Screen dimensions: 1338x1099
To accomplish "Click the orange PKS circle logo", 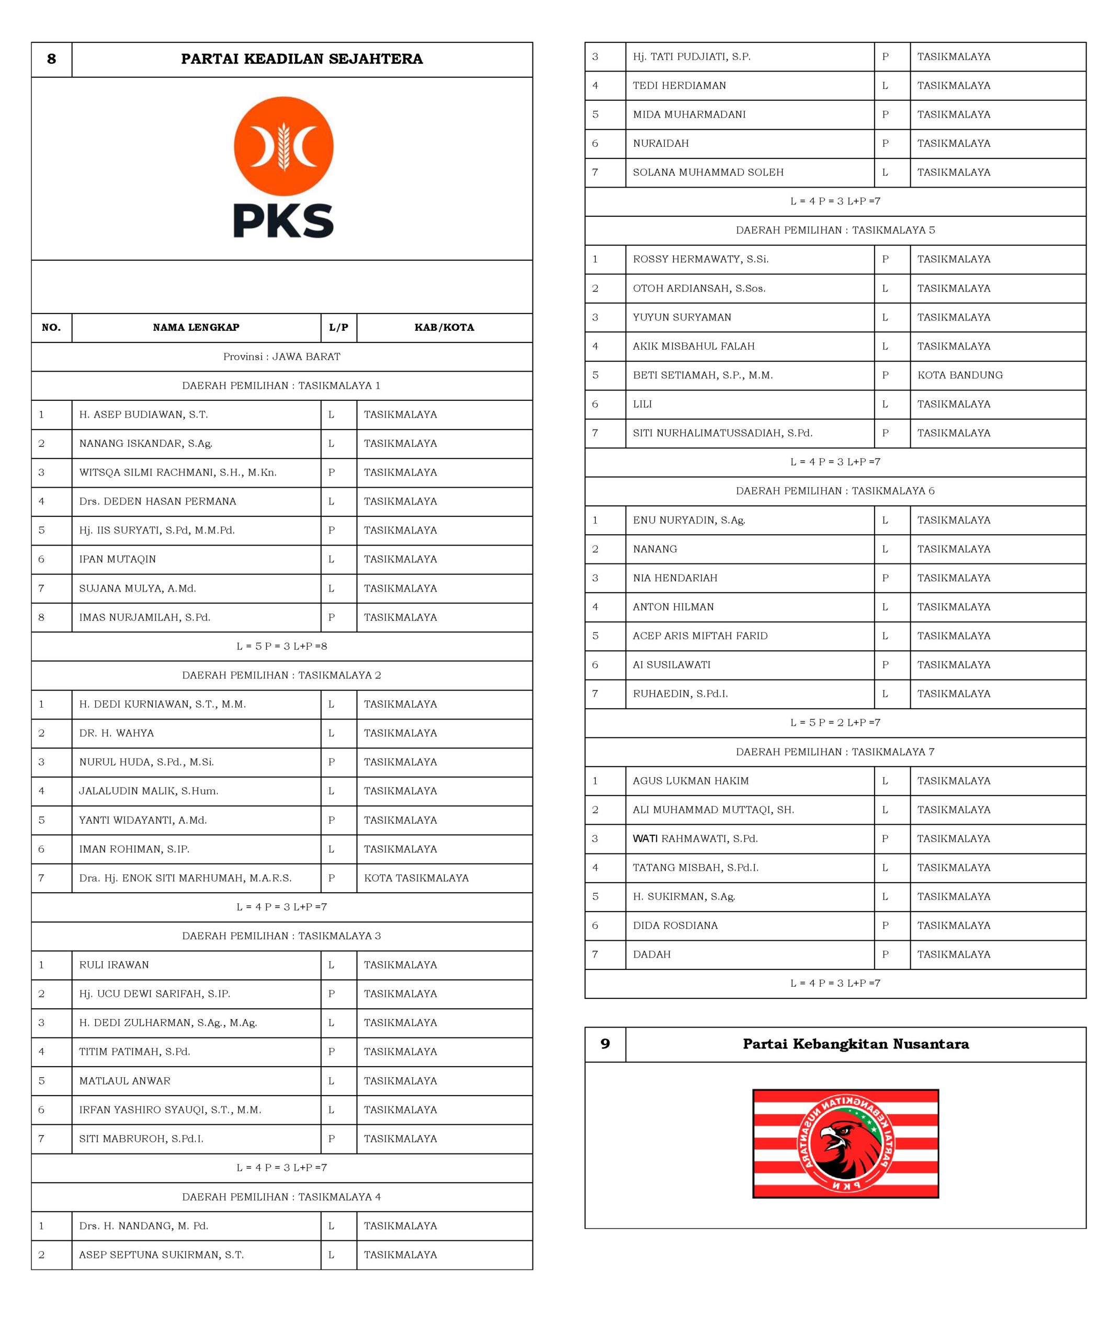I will coord(283,146).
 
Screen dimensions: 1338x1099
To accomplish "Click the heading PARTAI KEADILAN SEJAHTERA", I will coord(301,59).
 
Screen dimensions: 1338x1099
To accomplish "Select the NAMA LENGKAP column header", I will coord(196,327).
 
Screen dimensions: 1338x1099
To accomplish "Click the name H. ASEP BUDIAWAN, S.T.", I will coord(143,414).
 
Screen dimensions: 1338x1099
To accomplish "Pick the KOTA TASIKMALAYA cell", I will coord(416,878).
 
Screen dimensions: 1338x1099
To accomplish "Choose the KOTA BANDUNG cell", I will coord(960,375).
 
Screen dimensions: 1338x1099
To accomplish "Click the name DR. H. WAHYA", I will coord(117,733).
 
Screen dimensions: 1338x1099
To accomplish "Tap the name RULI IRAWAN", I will coord(114,965).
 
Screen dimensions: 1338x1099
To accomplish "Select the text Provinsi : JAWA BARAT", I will coord(282,356).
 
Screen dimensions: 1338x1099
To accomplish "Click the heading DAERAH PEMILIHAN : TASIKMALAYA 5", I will coord(835,230).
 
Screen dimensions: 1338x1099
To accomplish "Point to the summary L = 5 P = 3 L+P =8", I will coord(282,646).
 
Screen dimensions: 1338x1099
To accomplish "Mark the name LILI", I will coord(642,403).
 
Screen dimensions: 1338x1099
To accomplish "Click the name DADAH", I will coord(651,954).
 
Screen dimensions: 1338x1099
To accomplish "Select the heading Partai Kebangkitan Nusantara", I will coord(855,1043).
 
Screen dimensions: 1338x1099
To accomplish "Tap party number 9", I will coord(605,1043).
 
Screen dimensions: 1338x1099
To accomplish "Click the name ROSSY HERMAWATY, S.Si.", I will coord(700,259).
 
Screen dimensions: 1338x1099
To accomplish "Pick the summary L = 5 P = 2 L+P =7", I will coord(835,722).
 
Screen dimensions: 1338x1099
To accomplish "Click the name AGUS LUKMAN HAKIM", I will coord(690,781).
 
